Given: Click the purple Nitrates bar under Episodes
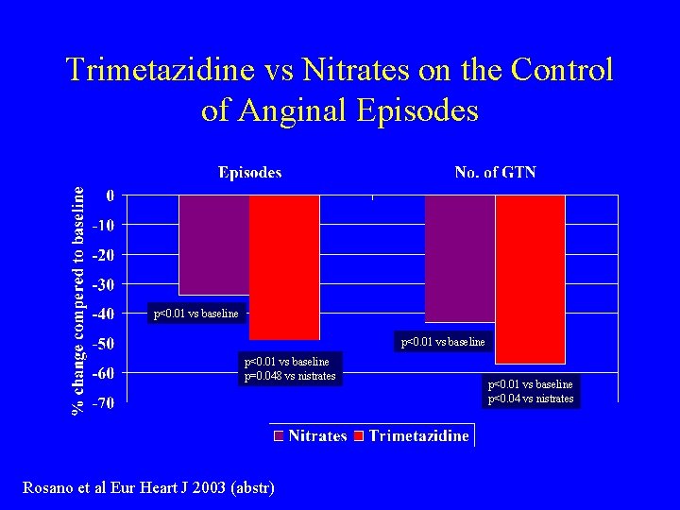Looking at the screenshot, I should (x=214, y=245).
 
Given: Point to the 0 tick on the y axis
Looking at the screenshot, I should (x=110, y=195).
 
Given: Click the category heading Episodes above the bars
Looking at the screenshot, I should (x=249, y=172).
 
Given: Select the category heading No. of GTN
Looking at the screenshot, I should (x=495, y=172).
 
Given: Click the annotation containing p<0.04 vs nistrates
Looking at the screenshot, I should (x=530, y=399).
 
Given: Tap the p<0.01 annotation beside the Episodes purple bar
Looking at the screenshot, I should (x=195, y=314).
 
